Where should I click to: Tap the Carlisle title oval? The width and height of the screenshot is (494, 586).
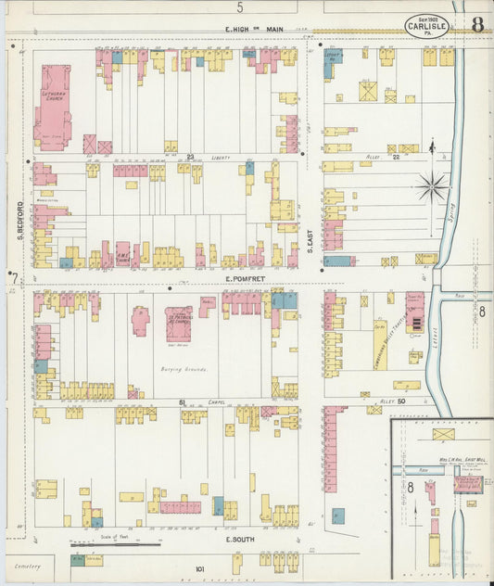coord(426,26)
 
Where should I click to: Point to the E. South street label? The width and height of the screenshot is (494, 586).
coord(239,538)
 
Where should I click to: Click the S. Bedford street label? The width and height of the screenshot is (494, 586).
coord(19,218)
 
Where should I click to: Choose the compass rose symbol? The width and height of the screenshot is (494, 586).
coord(431,187)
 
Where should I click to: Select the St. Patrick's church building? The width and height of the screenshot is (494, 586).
coord(179,325)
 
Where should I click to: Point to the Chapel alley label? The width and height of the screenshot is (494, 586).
coord(218,402)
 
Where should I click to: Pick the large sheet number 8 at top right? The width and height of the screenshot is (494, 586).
coord(476,25)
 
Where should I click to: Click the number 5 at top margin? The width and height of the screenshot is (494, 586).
coord(239,6)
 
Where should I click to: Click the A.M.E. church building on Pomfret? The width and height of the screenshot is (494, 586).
coord(122,253)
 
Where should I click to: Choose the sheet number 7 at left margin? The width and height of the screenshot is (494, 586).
coord(13,277)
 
